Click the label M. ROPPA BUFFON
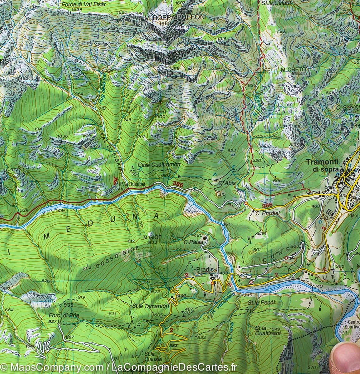[x=174, y=17]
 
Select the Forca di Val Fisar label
[x=84, y=4]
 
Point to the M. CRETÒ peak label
[x=292, y=69]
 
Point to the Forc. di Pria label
[x=64, y=315]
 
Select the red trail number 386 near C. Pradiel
[x=268, y=206]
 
